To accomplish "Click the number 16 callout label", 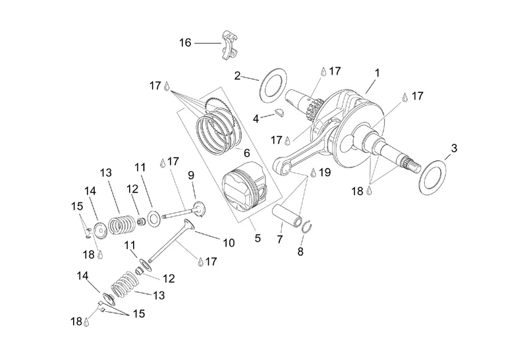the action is (x=185, y=43).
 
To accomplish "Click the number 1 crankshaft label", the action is (x=377, y=73).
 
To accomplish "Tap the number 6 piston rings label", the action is (x=246, y=153).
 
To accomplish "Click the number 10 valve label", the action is (x=229, y=243).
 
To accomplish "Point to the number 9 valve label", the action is (x=191, y=175).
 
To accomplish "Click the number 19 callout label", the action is (x=325, y=172).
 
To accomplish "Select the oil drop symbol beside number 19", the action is (x=313, y=173).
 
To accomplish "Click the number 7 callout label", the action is (x=280, y=239).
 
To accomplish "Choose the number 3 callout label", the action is (x=454, y=148).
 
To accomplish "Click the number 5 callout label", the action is (x=258, y=238).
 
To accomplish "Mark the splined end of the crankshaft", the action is (x=412, y=165).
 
